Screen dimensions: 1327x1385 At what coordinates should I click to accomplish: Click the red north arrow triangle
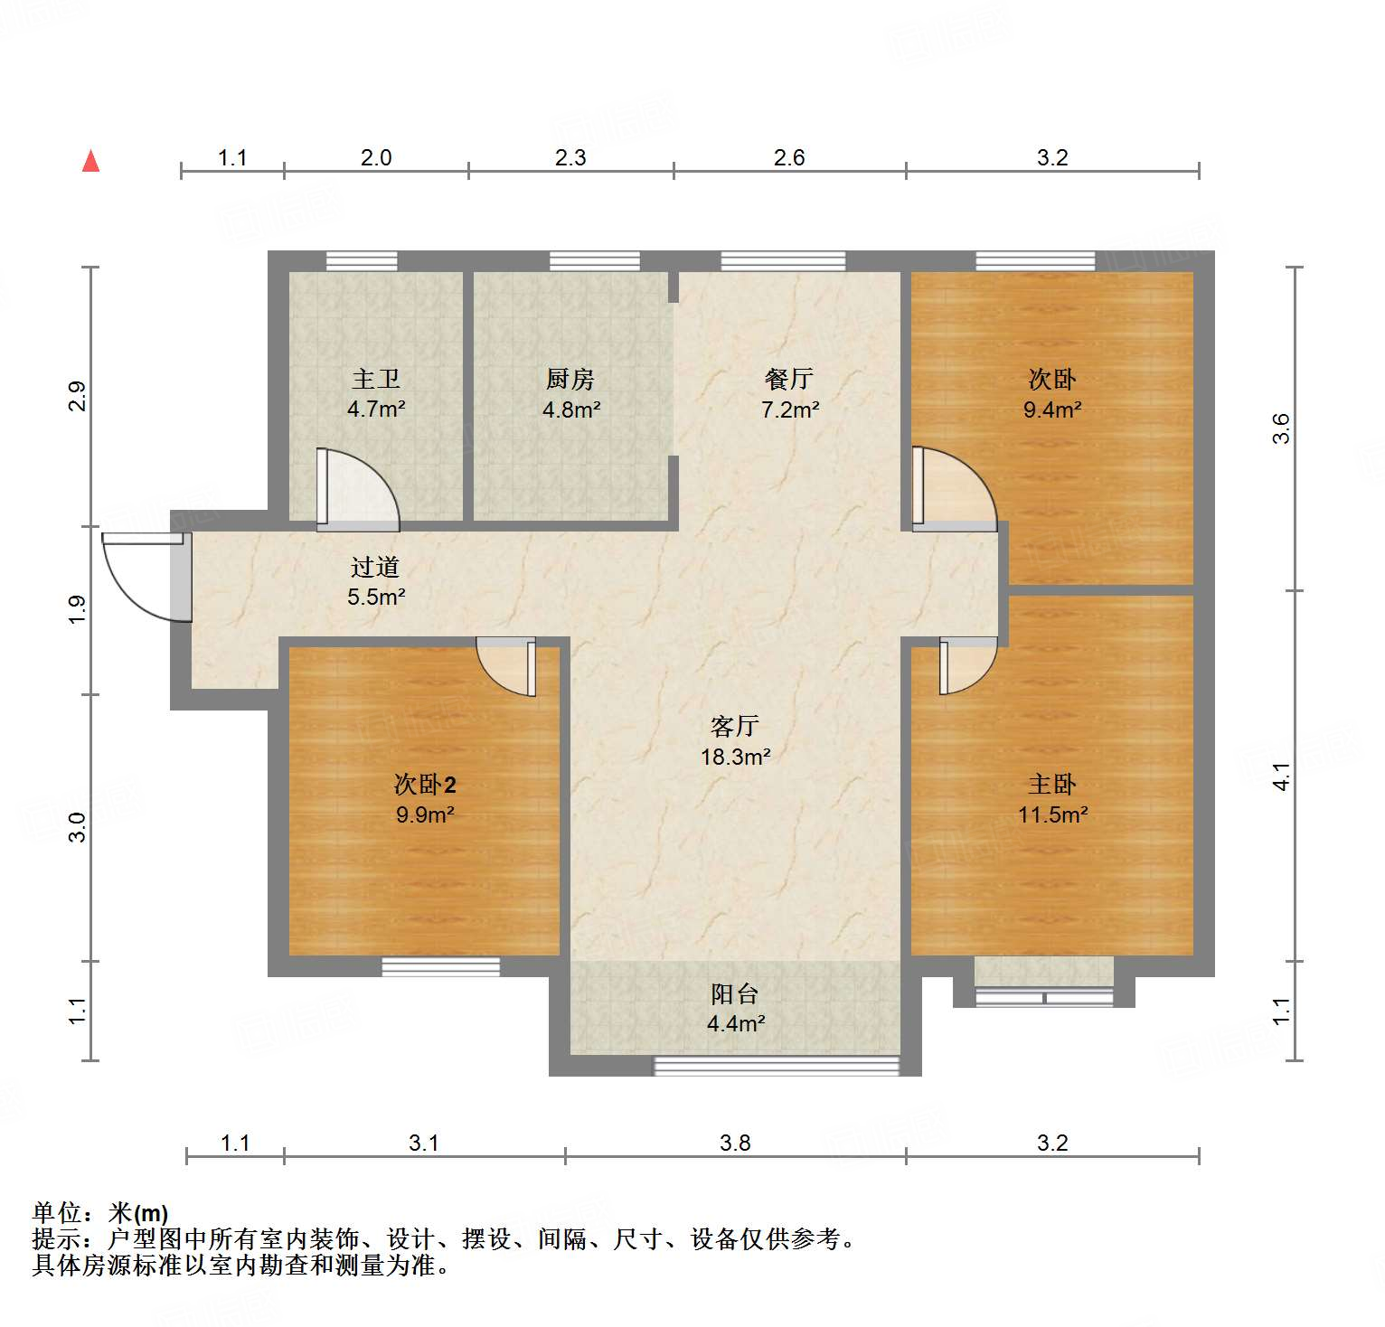(90, 161)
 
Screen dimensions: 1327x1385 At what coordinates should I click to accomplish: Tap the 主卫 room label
(375, 379)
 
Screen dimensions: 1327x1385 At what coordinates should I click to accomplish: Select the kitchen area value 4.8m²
(571, 409)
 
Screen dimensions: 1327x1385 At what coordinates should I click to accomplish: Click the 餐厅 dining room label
(789, 379)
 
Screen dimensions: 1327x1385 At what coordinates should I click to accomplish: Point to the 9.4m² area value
(1052, 409)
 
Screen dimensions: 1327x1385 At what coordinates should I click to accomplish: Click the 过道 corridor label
(375, 567)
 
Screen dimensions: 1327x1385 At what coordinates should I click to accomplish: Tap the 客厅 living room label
(734, 726)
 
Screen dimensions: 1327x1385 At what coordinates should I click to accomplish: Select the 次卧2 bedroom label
(425, 784)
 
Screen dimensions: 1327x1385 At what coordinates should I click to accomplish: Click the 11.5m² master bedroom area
(1052, 814)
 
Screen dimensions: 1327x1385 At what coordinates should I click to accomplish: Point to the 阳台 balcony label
(734, 994)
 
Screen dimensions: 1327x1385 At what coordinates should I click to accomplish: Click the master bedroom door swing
(967, 665)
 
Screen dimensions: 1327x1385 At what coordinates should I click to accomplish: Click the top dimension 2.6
(789, 158)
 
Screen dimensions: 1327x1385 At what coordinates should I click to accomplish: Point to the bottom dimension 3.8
(735, 1143)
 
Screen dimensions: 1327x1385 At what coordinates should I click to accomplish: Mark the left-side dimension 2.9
(79, 396)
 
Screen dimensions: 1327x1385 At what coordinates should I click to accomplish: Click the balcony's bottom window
(776, 1067)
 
